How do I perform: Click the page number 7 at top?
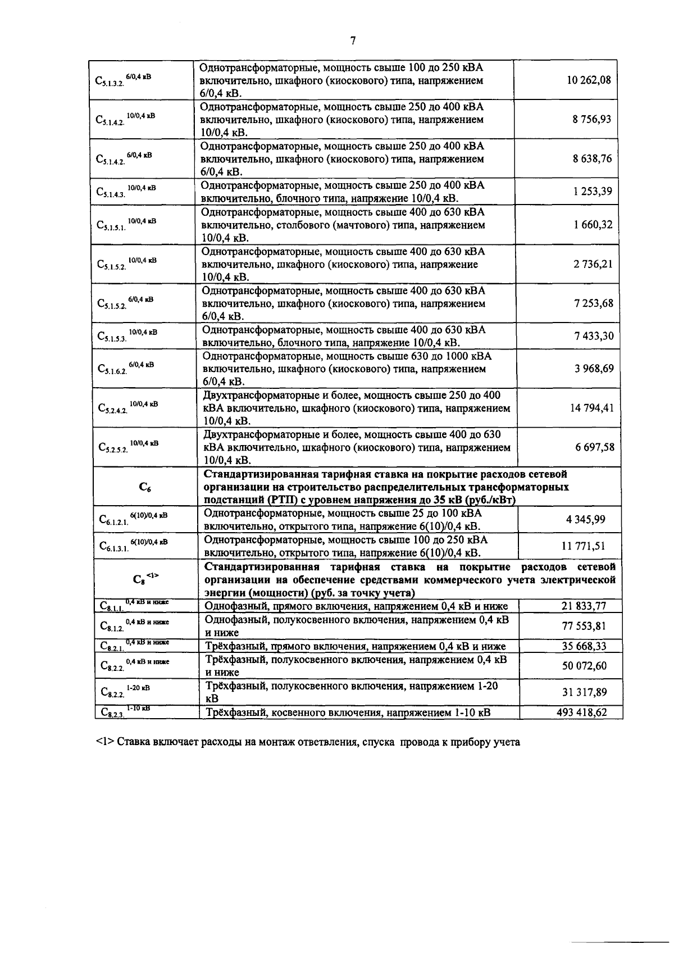(353, 40)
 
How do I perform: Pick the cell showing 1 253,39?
(593, 192)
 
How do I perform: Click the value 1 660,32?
(593, 225)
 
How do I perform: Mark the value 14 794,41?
(591, 408)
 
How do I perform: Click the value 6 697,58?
(594, 447)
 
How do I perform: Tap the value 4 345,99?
(585, 519)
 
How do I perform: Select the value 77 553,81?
(584, 626)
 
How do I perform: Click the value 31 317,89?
(584, 692)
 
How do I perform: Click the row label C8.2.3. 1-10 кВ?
(125, 713)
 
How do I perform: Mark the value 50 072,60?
(584, 666)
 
